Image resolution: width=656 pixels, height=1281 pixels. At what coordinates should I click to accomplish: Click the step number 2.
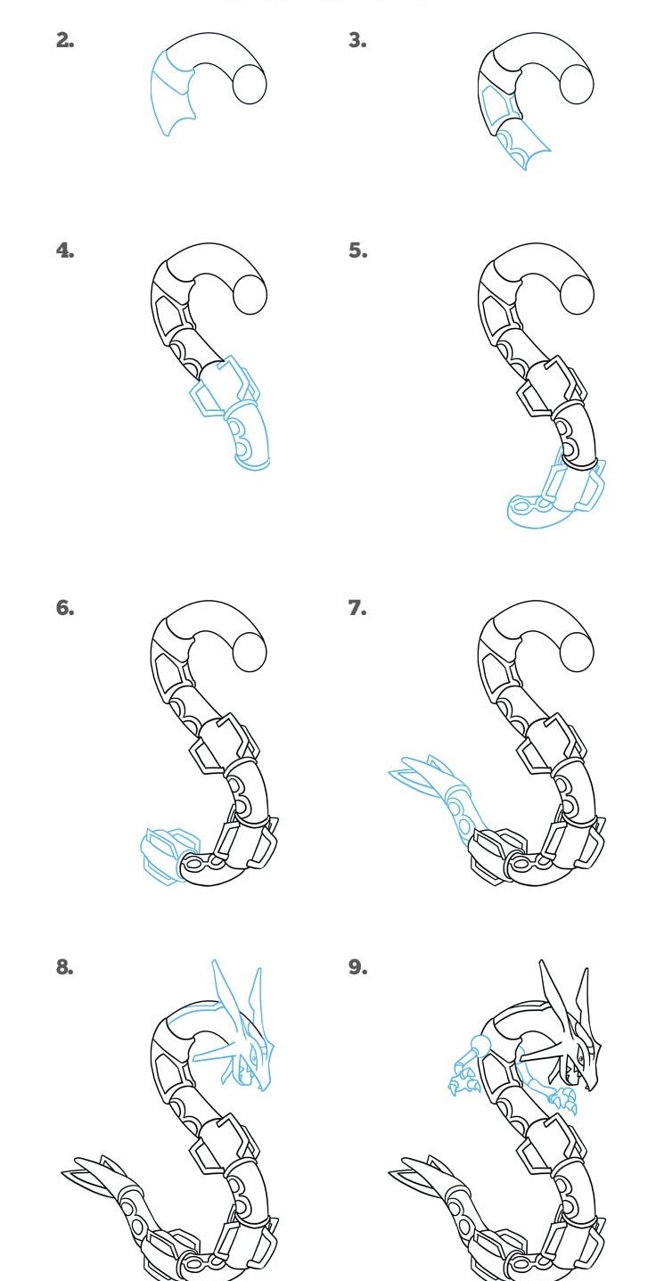(65, 40)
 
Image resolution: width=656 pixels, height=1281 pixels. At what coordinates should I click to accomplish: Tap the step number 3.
(357, 40)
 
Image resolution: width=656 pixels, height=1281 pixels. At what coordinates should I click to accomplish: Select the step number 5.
(357, 250)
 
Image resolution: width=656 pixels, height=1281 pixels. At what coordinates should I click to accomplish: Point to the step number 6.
(65, 608)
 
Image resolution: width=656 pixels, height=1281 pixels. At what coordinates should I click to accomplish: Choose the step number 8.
(65, 967)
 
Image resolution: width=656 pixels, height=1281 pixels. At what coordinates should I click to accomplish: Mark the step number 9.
(357, 967)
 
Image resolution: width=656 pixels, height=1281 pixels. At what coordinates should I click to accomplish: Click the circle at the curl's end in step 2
(250, 86)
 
